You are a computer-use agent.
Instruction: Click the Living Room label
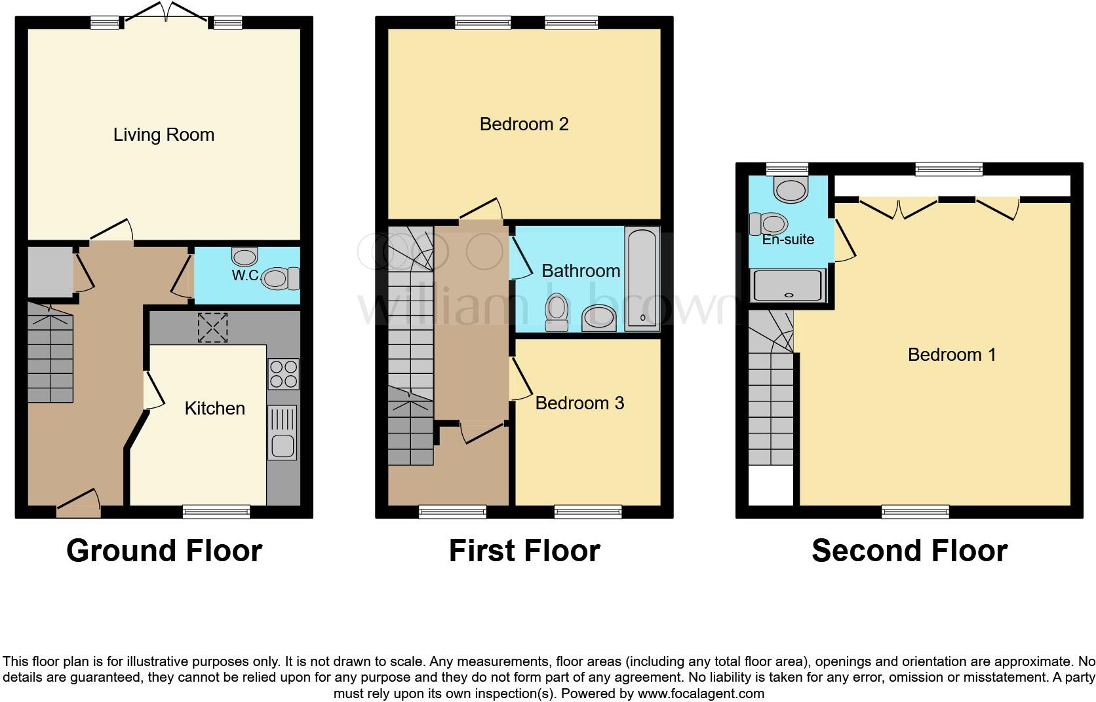click(x=164, y=135)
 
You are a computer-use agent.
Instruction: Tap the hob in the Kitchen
click(x=283, y=374)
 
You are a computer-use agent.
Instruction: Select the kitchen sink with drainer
click(x=283, y=432)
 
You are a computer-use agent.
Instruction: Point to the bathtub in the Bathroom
click(x=642, y=279)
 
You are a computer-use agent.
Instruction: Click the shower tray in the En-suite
click(x=787, y=286)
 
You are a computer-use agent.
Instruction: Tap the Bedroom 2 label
click(x=524, y=124)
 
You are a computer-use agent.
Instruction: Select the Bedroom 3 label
click(x=579, y=403)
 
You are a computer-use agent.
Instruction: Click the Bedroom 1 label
click(x=951, y=355)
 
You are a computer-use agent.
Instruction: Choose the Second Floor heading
click(x=909, y=551)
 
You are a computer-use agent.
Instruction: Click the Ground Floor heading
click(x=164, y=551)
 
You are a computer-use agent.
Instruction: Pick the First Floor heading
click(x=524, y=551)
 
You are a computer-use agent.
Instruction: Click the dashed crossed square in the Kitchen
click(x=212, y=327)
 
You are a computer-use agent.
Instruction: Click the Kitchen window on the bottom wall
click(x=216, y=512)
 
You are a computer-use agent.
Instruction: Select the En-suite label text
click(x=788, y=240)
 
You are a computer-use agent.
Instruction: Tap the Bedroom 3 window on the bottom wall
click(x=588, y=512)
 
